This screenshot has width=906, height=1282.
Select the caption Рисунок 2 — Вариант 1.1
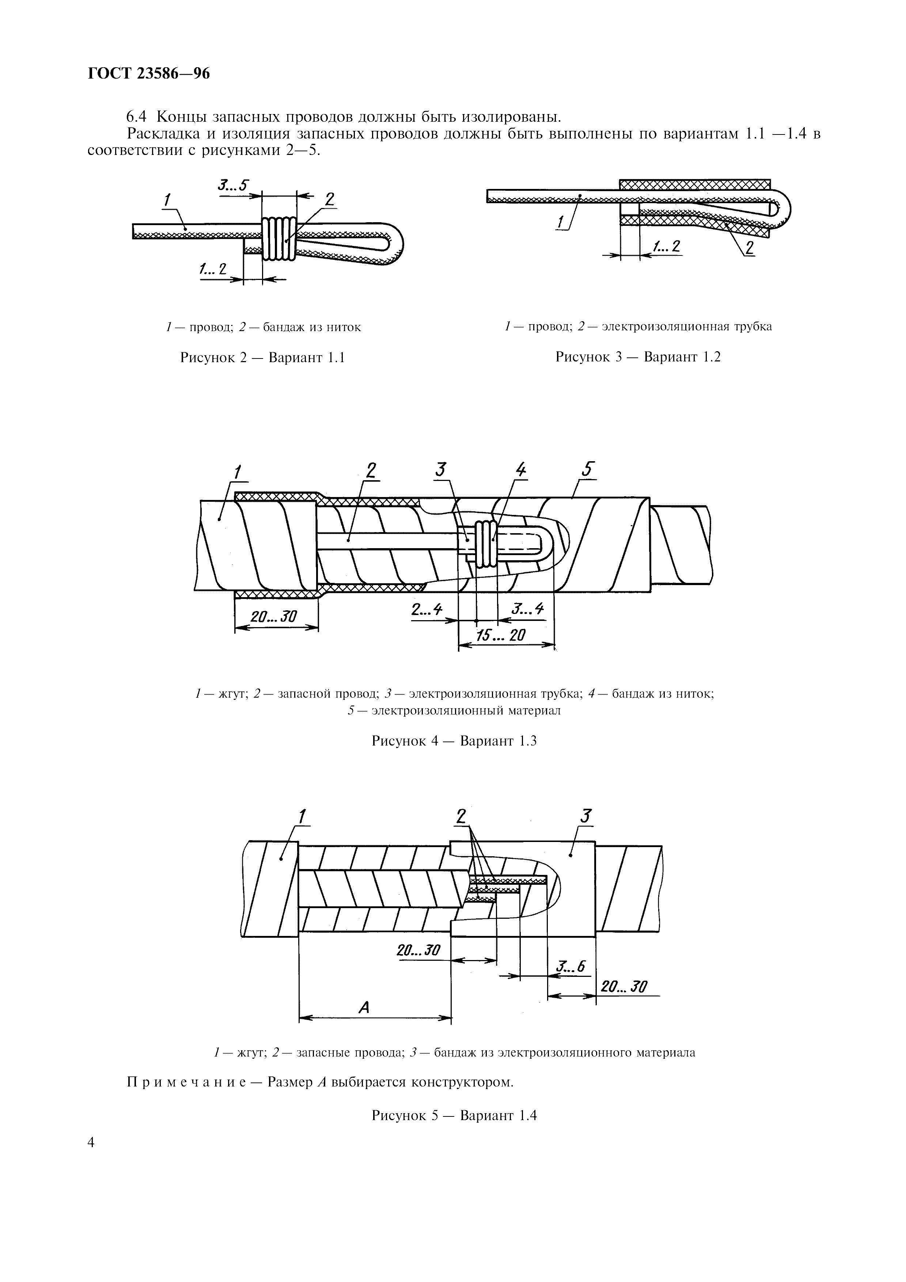[x=262, y=357]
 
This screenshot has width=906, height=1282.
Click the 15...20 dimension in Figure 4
[x=501, y=635]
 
